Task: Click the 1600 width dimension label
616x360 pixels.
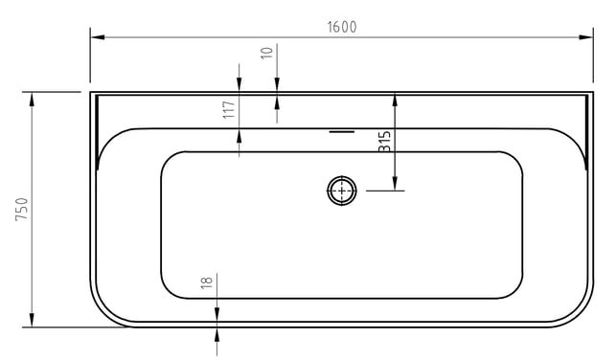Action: tap(342, 27)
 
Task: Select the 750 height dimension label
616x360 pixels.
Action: tap(22, 210)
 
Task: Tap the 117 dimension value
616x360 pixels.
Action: tap(229, 109)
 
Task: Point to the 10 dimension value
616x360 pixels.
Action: tap(266, 53)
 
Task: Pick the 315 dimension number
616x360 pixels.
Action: tap(384, 142)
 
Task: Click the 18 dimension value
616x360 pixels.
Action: tap(206, 282)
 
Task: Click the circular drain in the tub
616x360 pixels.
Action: tap(342, 191)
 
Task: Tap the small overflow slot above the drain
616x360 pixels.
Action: tap(342, 132)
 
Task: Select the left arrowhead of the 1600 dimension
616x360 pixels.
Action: tap(98, 37)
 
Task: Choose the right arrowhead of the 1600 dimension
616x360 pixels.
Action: tap(585, 37)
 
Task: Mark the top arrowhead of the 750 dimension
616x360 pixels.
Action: tap(32, 100)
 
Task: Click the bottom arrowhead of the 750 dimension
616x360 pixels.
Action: tap(32, 320)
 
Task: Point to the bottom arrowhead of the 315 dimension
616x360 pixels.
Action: tap(395, 183)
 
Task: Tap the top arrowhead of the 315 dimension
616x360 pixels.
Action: tap(395, 101)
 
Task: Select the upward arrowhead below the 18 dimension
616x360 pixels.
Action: tap(217, 335)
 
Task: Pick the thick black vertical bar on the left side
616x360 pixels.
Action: tap(97, 133)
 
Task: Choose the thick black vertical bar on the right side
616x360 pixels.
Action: tap(586, 133)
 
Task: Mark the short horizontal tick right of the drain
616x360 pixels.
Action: tap(385, 191)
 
